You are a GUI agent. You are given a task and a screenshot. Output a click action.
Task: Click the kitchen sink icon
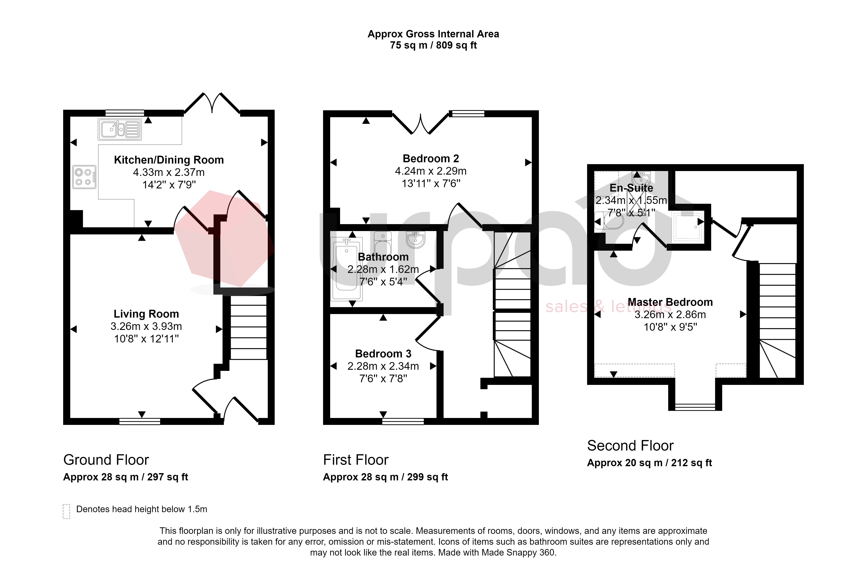tap(120, 130)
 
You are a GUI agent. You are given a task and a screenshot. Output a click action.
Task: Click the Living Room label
tap(146, 314)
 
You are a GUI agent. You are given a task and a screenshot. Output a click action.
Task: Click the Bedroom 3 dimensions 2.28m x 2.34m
tap(383, 366)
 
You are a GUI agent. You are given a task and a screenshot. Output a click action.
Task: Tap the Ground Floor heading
tap(106, 460)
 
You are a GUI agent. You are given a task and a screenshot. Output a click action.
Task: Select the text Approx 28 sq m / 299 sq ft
tap(385, 477)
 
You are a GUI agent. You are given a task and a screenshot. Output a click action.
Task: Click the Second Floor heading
tap(630, 445)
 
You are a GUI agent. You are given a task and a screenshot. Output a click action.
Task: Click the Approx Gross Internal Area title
tap(433, 34)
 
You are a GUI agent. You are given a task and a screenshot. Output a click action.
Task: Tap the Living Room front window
tap(140, 421)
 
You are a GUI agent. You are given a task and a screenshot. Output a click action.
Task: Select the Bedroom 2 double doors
tap(420, 124)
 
